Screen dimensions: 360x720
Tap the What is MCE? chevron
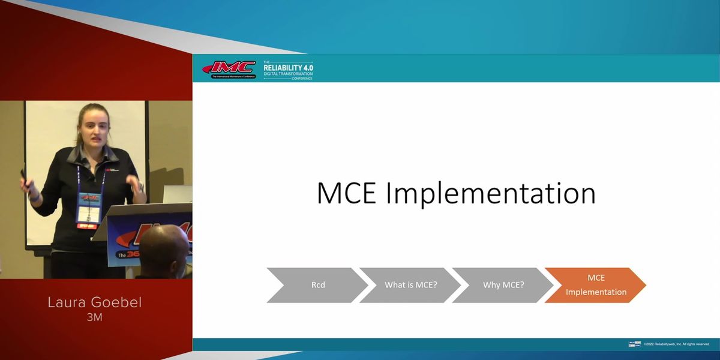pos(410,285)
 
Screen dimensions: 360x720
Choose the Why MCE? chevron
pos(503,285)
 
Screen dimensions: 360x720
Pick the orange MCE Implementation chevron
pos(595,285)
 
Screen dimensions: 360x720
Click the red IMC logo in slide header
pos(229,69)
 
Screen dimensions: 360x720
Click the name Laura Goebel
pos(95,302)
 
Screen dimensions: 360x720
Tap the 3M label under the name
pos(95,318)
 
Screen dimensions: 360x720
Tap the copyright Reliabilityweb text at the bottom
pos(676,344)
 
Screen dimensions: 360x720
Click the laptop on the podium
pos(177,194)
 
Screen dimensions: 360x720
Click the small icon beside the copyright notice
pos(634,344)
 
